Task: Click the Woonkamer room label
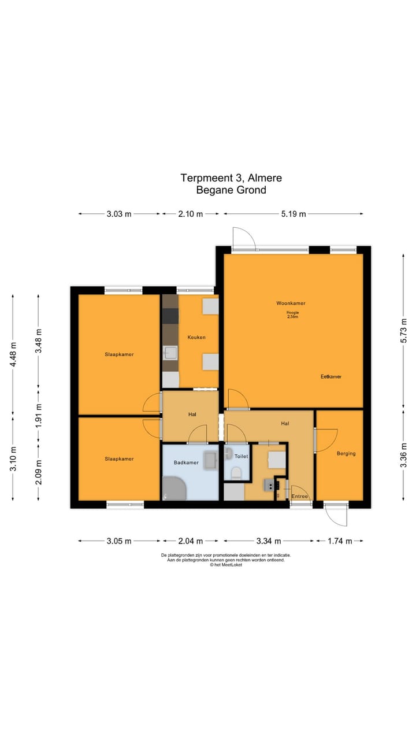[x=291, y=303]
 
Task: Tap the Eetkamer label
[x=331, y=376]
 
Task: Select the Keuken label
[x=196, y=337]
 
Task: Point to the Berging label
[x=346, y=453]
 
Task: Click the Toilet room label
[x=241, y=456]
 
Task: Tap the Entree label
[x=299, y=496]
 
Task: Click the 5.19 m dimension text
[x=294, y=214]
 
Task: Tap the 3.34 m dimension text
[x=269, y=541]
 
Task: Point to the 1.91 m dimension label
[x=38, y=415]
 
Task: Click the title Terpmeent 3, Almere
[x=231, y=178]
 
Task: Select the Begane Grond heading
[x=231, y=190]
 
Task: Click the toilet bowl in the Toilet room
[x=236, y=473]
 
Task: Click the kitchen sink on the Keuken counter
[x=170, y=352]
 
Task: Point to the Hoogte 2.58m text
[x=294, y=315]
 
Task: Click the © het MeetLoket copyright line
[x=226, y=565]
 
